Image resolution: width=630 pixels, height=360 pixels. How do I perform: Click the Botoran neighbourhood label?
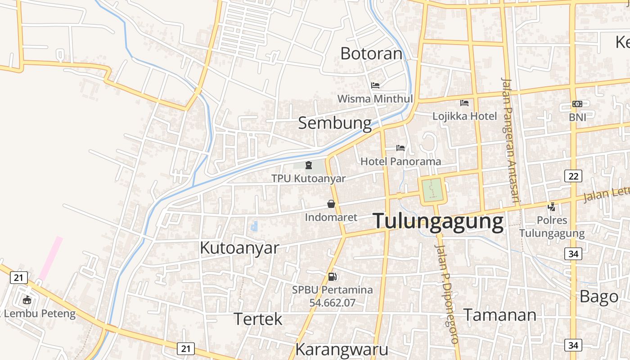pos(371,54)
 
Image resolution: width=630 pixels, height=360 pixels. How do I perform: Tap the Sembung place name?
pos(335,123)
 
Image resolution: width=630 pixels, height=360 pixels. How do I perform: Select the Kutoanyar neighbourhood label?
pos(239,247)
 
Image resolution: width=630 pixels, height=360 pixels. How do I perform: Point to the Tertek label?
pos(258,319)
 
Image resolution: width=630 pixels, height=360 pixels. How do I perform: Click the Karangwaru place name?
pos(342,349)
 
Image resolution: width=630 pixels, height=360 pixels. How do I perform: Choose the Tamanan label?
pos(499,315)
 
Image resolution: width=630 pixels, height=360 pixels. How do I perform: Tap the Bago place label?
pos(599,297)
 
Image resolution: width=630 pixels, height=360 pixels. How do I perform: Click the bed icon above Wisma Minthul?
pos(375,85)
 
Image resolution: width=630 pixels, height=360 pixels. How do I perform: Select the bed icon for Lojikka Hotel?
pos(464,103)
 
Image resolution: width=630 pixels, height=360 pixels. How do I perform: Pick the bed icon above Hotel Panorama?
pos(400,148)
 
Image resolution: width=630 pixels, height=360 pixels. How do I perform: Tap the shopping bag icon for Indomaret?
pos(331,204)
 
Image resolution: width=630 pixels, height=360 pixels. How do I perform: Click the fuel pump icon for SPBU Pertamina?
pos(333,276)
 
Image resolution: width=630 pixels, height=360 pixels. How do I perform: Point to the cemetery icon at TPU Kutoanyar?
pos(309,165)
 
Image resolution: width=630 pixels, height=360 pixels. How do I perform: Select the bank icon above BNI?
pos(577,104)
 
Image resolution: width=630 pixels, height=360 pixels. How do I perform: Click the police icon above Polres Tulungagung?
pos(552,207)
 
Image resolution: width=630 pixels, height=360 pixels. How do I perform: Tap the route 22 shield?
pos(573,176)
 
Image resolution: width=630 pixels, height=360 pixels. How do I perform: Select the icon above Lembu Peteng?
pos(27,300)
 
